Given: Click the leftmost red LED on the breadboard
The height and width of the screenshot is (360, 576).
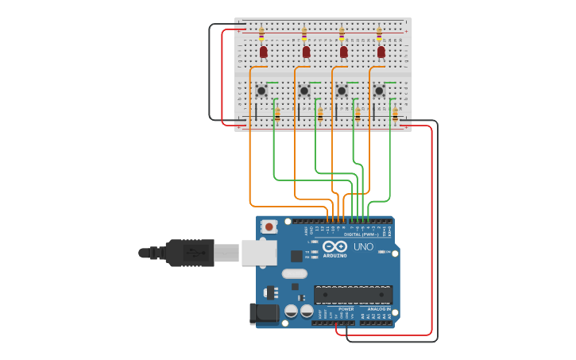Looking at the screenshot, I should coord(264,52).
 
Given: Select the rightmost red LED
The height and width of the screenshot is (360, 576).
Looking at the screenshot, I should coord(381,52).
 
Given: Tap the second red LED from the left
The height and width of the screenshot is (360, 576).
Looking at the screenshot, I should coord(306,52).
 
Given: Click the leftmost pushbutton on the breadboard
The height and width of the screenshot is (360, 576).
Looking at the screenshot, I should coord(261,91).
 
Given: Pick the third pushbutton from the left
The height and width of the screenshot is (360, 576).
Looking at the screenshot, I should coord(342,91).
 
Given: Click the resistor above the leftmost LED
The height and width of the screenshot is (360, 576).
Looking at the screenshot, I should coord(261,33).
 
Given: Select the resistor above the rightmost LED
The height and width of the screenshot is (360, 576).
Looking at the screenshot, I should coord(379,33).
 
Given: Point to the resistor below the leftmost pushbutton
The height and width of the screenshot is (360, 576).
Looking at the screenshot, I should coord(277,114).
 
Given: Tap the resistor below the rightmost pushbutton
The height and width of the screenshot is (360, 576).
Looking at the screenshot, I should coord(395,114).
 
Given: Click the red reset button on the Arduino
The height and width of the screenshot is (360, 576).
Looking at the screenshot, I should coord(269,226).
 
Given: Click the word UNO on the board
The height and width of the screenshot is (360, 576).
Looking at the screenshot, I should coord(363,247).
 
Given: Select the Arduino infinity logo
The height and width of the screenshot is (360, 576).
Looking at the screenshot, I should coord(334,246).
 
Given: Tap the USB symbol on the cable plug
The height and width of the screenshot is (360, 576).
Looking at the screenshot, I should coord(193,253).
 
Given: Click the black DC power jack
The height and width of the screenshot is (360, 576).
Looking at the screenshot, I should coord(265,314).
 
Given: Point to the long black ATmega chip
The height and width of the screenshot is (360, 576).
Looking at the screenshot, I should coord(353,295).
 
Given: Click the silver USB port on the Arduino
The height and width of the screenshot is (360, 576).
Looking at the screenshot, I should coord(259,253).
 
